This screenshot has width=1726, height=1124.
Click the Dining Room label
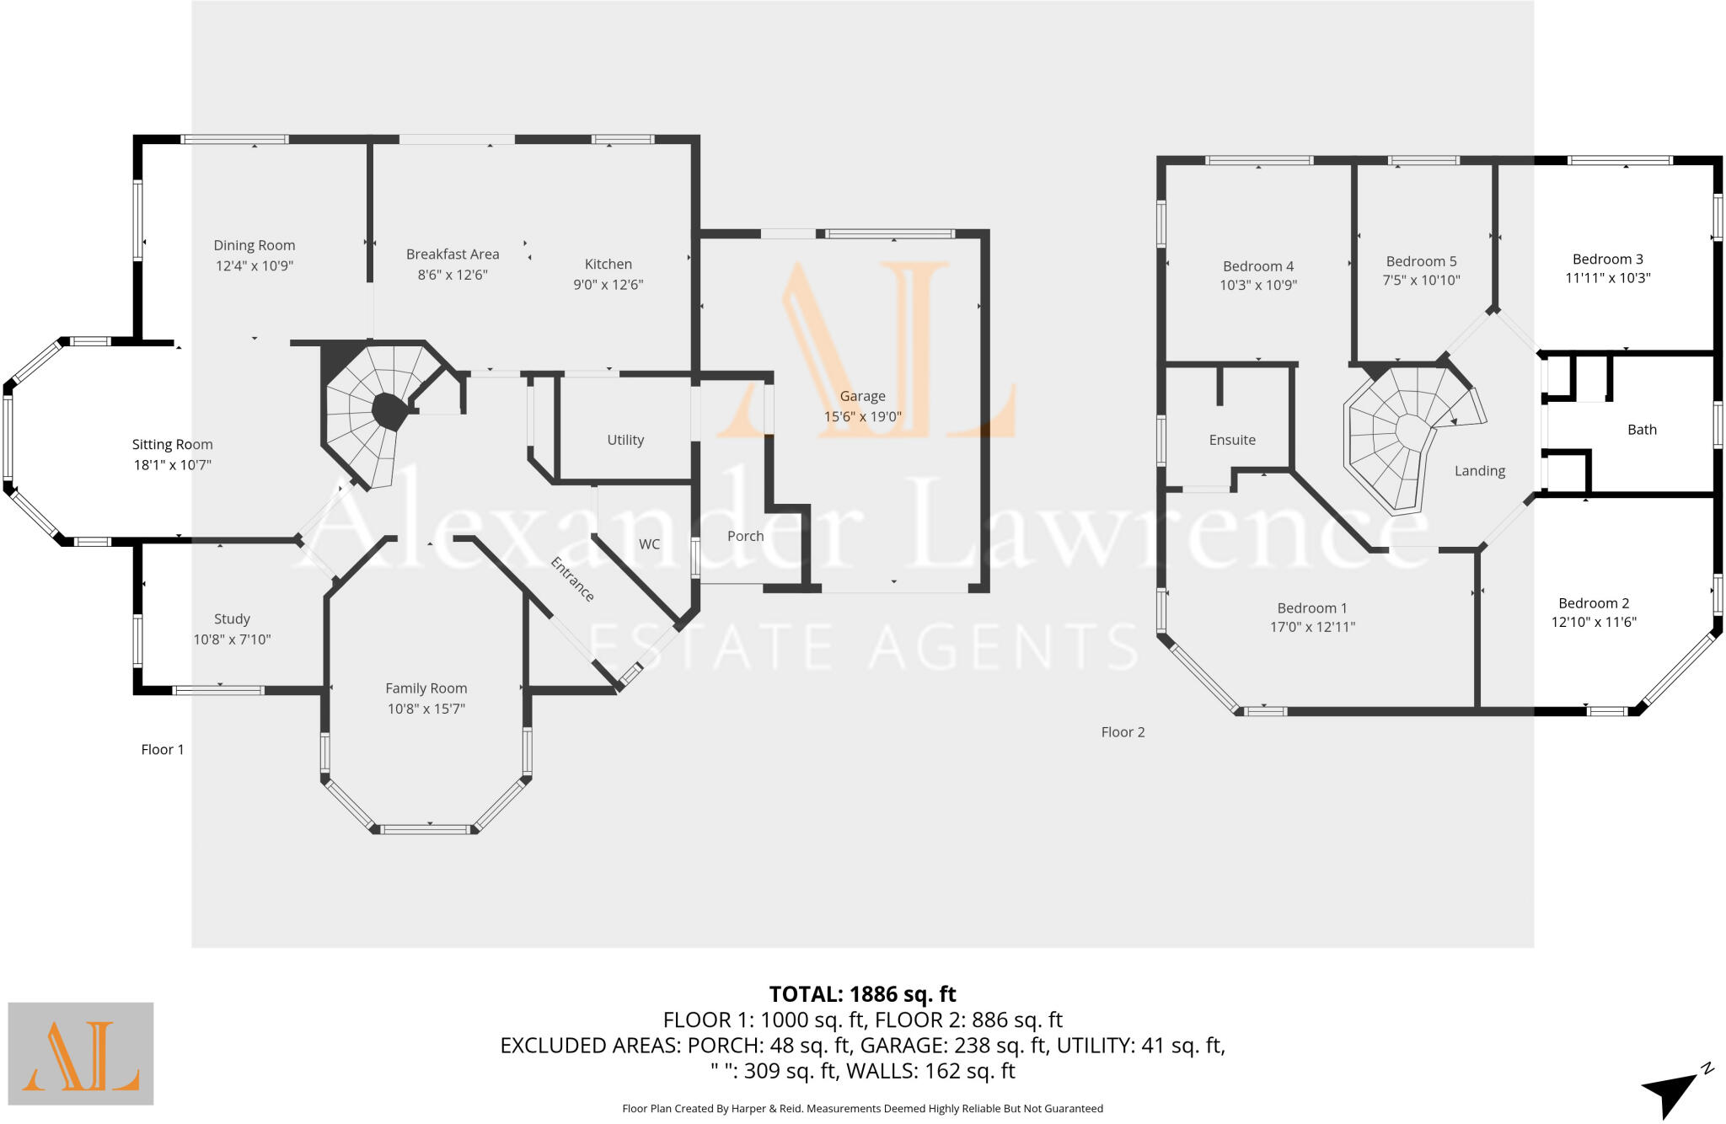[254, 245]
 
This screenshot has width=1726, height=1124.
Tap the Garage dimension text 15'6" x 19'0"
[862, 416]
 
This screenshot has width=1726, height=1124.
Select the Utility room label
[625, 440]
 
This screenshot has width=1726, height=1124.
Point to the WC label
[649, 544]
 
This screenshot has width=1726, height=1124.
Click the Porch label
[745, 536]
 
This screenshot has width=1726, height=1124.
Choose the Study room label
[232, 618]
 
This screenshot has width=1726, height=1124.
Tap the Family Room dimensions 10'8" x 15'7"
[426, 709]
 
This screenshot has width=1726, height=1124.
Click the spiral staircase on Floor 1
[371, 413]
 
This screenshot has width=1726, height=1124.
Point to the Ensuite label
[1232, 440]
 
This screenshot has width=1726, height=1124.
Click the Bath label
[1642, 430]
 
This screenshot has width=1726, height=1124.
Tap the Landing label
[1479, 471]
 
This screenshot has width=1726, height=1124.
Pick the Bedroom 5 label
[1421, 261]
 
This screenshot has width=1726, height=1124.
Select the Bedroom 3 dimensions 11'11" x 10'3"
[1607, 278]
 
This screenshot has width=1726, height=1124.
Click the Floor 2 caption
[1123, 732]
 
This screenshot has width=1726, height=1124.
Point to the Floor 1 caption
[162, 749]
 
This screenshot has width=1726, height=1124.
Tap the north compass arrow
[1673, 1094]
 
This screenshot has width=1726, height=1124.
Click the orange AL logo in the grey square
[81, 1053]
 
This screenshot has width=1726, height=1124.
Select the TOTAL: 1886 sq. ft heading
[862, 994]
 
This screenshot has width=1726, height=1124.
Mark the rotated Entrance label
[572, 580]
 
